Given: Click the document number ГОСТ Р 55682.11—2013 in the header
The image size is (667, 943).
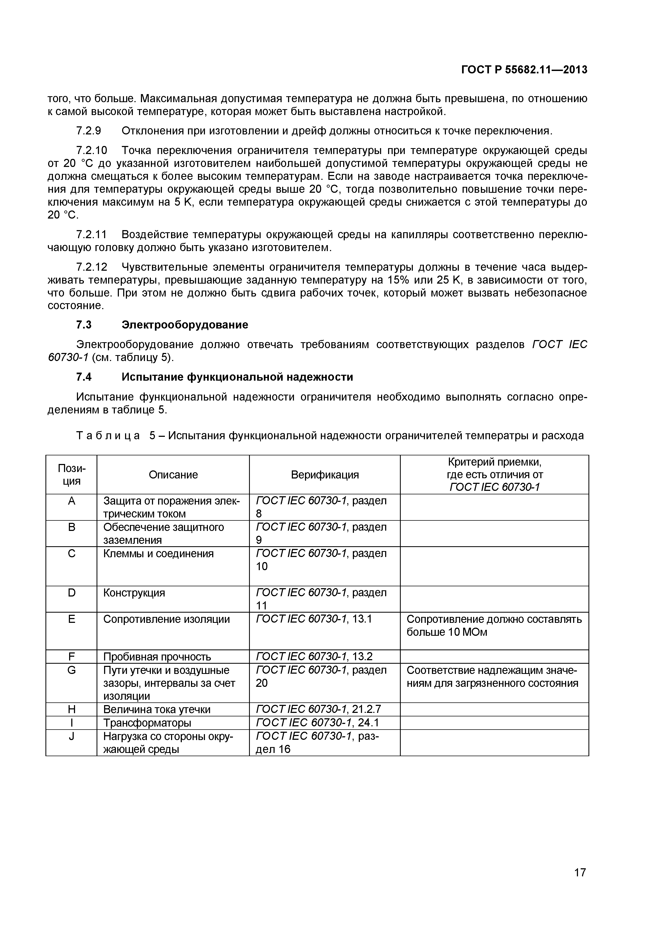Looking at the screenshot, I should coord(524,70).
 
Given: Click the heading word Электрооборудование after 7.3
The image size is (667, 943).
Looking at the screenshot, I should coord(185,325).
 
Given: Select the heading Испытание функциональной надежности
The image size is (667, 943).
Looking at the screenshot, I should coord(237,377).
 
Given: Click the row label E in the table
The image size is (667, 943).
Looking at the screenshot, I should coord(72,619).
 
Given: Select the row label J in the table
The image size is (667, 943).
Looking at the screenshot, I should coord(72,736).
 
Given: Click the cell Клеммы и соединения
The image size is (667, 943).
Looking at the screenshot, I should coord(158,554).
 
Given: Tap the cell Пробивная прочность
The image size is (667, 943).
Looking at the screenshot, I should coord(157,657).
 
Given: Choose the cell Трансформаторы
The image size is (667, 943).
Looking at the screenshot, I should coord(147,723).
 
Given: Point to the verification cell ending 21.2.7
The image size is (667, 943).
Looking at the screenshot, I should coord(318,709).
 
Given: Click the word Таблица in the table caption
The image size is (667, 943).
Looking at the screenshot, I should coord(108,436).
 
